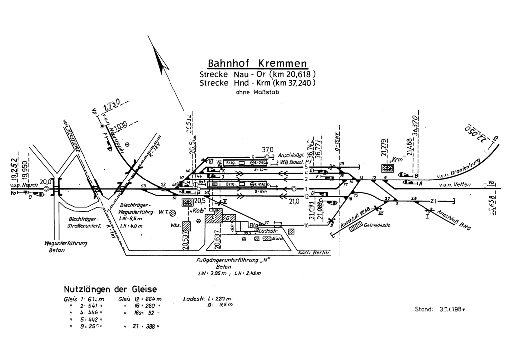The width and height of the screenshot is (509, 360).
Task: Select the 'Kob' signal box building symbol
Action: (188, 202)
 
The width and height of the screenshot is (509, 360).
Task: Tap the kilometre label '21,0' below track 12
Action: (294, 200)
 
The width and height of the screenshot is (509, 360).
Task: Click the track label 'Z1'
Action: (434, 201)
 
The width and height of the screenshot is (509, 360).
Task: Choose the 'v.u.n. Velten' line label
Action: (450, 186)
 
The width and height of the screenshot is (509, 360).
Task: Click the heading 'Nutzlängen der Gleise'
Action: (110, 289)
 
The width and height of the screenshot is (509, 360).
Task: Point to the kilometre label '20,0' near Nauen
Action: (46, 181)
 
